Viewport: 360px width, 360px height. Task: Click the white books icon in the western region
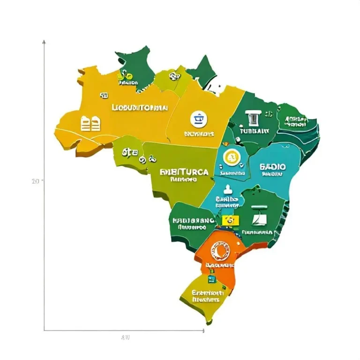[x=91, y=124]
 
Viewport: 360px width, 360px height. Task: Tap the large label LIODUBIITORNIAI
[x=139, y=107]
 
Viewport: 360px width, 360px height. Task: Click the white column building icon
[x=253, y=117]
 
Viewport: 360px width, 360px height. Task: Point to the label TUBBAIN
[x=254, y=132]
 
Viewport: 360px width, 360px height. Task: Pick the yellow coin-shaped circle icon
[x=231, y=158]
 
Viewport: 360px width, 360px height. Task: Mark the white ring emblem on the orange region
[x=220, y=252]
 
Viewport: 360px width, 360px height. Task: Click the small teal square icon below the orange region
[x=212, y=279]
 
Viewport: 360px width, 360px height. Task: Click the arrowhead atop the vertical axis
[x=44, y=42]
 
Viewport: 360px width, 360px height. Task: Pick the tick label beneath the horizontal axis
[x=125, y=337]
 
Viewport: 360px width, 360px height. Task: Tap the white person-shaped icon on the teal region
[x=228, y=189]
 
